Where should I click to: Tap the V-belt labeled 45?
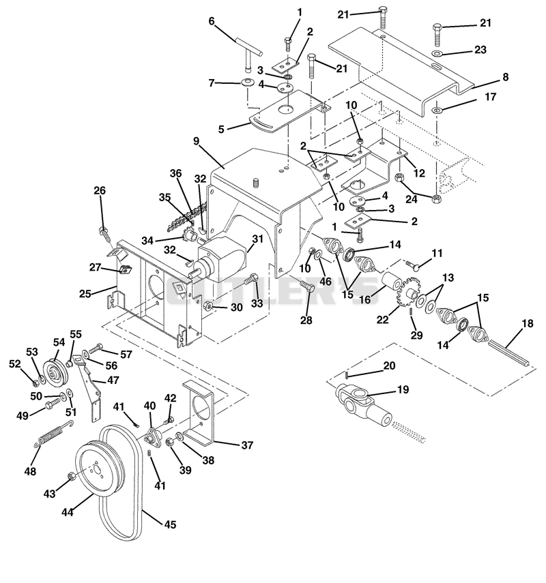tap(121, 483)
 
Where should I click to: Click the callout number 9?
tap(196, 141)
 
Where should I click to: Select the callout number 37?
tap(247, 445)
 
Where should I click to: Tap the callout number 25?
tap(85, 294)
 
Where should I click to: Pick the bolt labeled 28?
tap(308, 286)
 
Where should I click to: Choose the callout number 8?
tap(505, 77)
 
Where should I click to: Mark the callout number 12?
tap(419, 173)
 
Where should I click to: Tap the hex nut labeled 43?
tap(71, 476)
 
